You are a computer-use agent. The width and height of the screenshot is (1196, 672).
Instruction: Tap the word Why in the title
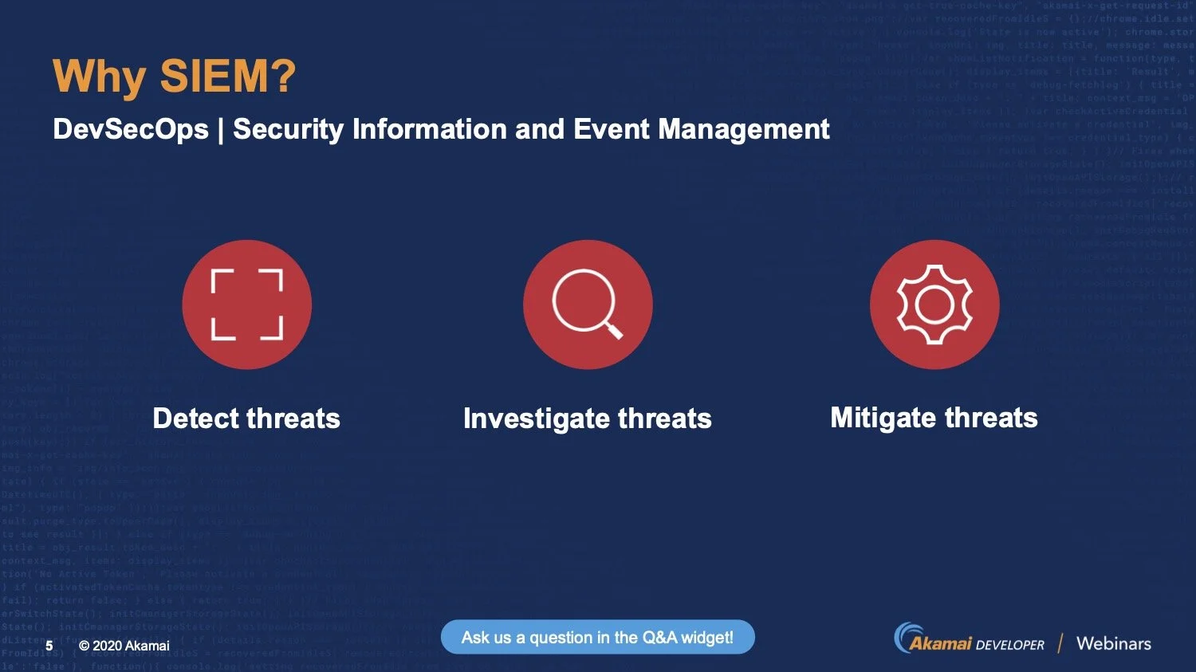(100, 78)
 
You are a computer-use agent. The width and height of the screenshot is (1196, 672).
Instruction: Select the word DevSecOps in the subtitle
(131, 129)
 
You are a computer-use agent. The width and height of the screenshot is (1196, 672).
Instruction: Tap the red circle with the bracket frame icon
(246, 305)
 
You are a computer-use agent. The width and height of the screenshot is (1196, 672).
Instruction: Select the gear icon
(934, 305)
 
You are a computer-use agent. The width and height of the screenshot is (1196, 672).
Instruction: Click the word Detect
(196, 419)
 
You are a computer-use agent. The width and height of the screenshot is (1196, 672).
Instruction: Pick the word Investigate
(536, 419)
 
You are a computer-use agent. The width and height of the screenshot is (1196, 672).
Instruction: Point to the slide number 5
(49, 645)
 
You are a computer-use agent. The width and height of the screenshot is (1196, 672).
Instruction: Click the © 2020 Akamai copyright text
(124, 645)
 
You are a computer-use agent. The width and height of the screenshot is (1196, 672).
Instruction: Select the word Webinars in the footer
(1113, 643)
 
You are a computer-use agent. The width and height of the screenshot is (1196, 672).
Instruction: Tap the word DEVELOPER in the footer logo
(1009, 645)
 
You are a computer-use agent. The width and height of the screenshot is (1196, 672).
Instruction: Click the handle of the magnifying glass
(613, 328)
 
